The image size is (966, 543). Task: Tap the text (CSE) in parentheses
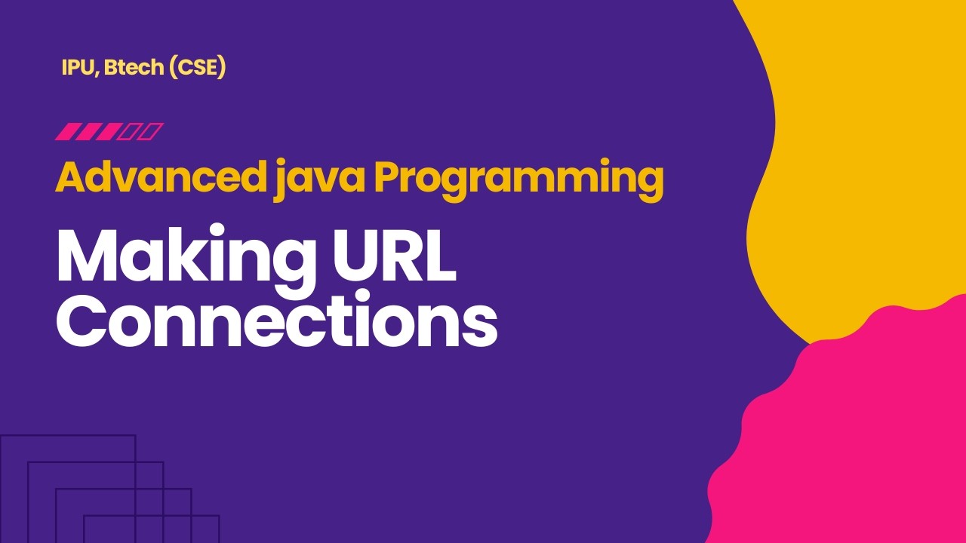[x=198, y=68]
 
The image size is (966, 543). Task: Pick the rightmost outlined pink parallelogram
[x=151, y=132]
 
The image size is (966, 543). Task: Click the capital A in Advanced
[x=69, y=179]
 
